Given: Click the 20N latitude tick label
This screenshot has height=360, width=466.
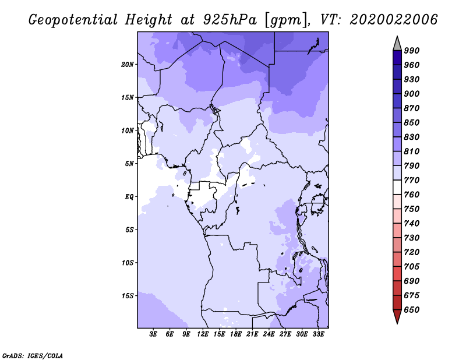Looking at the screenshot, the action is pos(128,65).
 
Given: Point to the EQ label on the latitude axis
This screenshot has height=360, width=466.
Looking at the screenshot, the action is pos(129,197).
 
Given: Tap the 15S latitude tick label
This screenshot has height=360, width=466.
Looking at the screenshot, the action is pos(128,296).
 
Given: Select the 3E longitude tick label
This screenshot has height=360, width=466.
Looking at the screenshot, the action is pos(153,334).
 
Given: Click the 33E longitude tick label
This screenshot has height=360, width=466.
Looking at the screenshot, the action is pos(318,334).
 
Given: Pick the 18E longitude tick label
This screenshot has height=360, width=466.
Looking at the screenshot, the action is pos(236,334).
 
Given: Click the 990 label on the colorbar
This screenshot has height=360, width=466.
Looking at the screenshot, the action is pos(412,51).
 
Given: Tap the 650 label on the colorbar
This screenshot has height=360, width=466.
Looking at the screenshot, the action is pos(412,310).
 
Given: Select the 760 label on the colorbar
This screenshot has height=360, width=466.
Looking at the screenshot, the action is pos(412,195).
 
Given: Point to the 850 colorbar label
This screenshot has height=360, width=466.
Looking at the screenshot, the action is pos(412,122).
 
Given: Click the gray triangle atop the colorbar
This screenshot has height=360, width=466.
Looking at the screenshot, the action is pos(397,45).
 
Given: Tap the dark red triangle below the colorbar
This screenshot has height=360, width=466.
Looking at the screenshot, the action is pos(397,315).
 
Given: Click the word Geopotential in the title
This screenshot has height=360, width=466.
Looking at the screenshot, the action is pos(73,20).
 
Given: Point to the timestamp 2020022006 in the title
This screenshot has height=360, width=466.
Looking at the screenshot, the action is pos(394,20).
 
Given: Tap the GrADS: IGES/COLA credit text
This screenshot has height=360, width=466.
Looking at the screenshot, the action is pos(33,356).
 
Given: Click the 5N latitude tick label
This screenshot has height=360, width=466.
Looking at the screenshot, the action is pos(129,164).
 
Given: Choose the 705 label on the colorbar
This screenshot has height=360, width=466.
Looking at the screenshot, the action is pos(412,266).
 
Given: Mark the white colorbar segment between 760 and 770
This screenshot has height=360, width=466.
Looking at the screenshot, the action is pos(397,188).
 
